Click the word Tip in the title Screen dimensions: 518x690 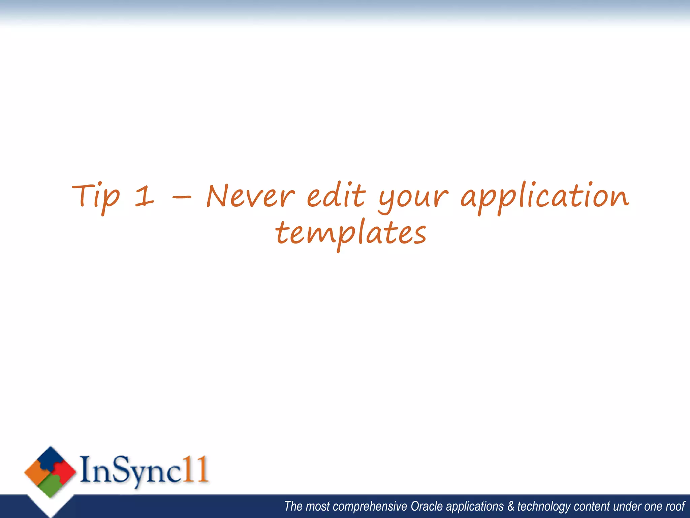click(x=96, y=197)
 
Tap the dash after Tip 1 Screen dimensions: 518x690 click(x=182, y=197)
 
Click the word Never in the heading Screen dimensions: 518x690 click(x=251, y=196)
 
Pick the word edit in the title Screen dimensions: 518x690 click(x=336, y=196)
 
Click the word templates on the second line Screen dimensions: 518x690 click(x=351, y=234)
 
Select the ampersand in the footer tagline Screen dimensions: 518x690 click(x=511, y=507)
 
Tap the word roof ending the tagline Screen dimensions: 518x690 click(x=675, y=507)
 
